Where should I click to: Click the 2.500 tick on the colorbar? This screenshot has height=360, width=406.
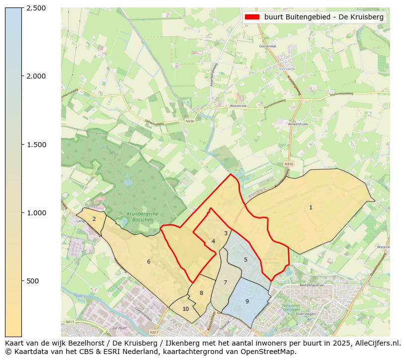click(x=35, y=8)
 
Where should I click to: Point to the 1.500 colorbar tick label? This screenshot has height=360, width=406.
click(x=35, y=145)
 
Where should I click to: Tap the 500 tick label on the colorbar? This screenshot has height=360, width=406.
click(x=33, y=281)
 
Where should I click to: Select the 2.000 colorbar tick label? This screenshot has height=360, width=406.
click(x=35, y=76)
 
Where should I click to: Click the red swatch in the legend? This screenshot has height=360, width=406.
click(x=252, y=17)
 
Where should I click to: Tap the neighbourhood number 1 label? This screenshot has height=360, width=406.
click(x=311, y=207)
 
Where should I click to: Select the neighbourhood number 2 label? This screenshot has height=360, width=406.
click(x=94, y=219)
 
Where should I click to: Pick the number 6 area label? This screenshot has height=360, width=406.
click(x=149, y=262)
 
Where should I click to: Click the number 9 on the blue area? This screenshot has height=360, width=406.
click(x=247, y=301)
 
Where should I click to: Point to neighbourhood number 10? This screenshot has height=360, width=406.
click(x=185, y=309)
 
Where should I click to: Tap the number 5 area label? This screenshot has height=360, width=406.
click(x=245, y=260)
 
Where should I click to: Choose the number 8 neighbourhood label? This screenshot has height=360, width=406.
click(x=201, y=293)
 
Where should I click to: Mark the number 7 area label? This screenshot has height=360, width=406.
click(x=225, y=282)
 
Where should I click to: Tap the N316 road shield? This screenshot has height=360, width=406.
click(x=289, y=164)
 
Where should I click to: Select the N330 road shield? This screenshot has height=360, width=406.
click(x=190, y=121)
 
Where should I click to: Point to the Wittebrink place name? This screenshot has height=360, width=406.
click(x=238, y=106)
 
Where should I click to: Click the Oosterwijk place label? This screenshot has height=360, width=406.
click(x=267, y=46)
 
